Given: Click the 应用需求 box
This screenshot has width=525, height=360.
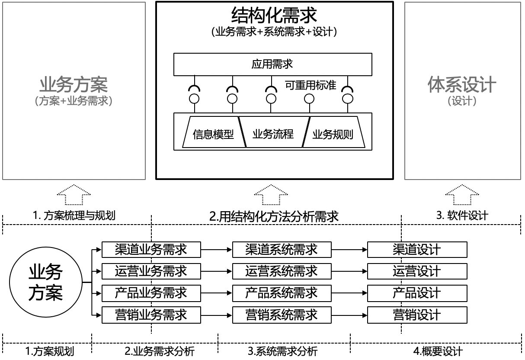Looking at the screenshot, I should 272,64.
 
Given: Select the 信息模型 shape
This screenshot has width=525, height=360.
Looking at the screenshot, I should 213,135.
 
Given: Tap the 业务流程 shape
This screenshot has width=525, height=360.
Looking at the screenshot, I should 273,134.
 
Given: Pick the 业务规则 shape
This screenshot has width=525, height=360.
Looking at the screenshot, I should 333,135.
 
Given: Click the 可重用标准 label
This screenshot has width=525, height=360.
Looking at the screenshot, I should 311,85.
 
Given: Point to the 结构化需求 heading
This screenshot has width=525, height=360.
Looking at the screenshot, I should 274,16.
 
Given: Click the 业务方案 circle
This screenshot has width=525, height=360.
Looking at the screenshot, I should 45,283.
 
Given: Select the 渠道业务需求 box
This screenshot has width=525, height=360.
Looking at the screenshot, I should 151,250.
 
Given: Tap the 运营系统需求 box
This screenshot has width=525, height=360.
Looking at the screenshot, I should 282,271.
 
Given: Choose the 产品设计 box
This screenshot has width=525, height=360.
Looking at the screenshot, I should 417,293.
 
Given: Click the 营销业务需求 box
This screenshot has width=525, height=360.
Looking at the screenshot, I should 151,315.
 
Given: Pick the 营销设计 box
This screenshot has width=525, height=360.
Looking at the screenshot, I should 417,315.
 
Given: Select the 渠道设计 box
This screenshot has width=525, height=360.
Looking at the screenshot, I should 417,250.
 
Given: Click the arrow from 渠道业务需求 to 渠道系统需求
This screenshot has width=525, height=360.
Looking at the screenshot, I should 217,250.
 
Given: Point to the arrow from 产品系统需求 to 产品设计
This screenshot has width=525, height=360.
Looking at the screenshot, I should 349,293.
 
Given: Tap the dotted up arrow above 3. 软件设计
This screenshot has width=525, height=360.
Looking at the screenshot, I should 462,194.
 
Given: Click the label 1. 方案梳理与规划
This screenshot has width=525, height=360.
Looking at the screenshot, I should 74,215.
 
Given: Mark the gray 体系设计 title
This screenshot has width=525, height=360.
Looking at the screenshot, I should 462,84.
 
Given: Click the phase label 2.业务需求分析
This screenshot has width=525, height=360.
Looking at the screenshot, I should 160,351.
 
